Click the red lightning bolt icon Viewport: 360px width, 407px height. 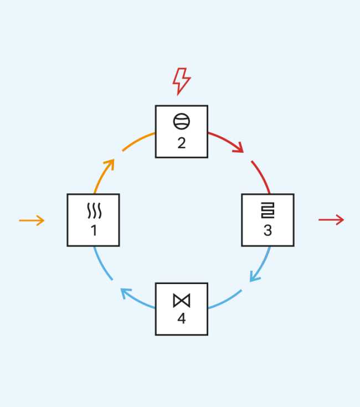coord(181,81)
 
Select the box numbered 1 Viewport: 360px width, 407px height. coord(93,220)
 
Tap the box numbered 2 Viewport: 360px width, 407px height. coord(181,131)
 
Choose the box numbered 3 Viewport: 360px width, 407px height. coord(268,220)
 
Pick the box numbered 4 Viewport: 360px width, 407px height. coord(181,309)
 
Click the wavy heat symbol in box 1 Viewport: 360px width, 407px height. coord(93,211)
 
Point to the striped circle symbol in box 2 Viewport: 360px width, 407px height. coord(181,121)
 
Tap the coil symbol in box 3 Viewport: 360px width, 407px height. coord(268,210)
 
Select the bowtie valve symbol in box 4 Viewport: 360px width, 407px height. coord(181,300)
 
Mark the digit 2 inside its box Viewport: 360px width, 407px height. coord(181,142)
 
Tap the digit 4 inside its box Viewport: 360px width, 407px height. coord(181,320)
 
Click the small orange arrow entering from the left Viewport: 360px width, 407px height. coord(32,220)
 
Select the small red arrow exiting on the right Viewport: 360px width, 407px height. coord(331,220)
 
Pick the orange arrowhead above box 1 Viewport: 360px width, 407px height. coord(111,163)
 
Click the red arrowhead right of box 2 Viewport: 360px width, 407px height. coord(239,148)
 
